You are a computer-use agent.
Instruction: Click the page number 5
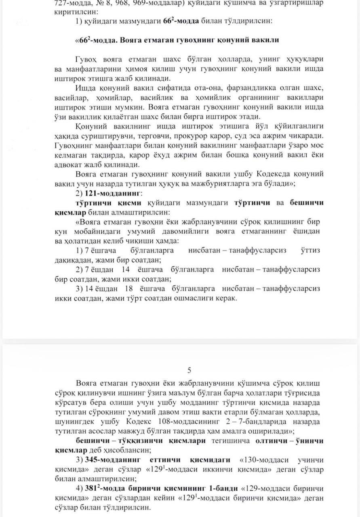pyautogui.click(x=189, y=370)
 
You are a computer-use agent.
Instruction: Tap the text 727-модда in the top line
pyautogui.click(x=70, y=3)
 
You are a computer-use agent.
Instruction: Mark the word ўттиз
pyautogui.click(x=310, y=250)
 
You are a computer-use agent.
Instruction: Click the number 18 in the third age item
pyautogui.click(x=129, y=289)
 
